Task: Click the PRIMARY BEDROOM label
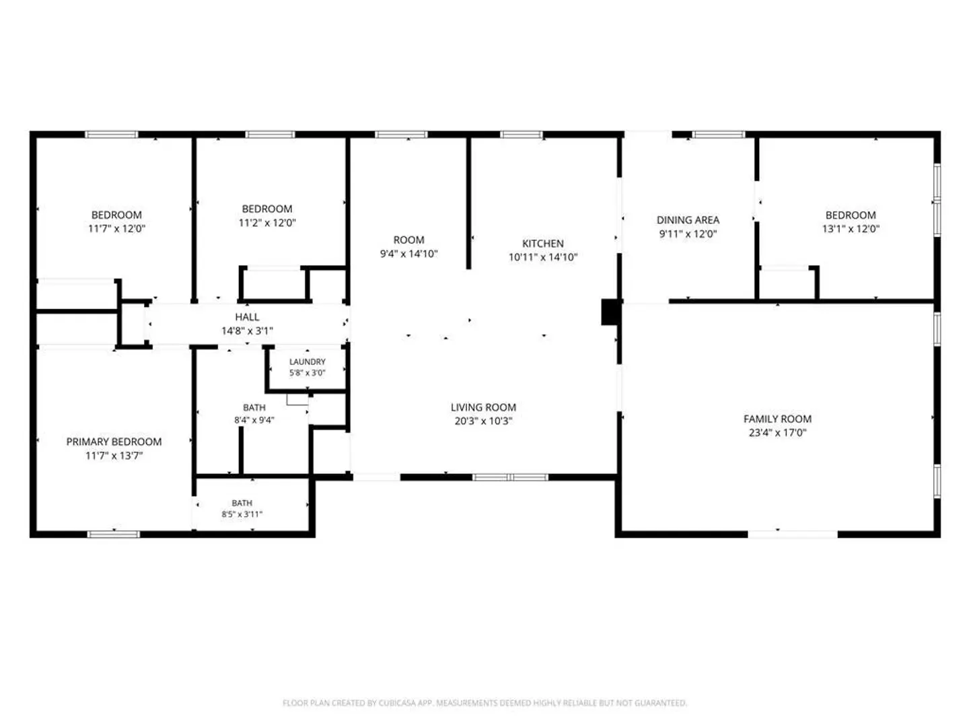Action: pyautogui.click(x=114, y=442)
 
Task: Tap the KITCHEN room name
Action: pyautogui.click(x=542, y=244)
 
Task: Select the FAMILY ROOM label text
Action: pyautogui.click(x=777, y=419)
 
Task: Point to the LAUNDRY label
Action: pyautogui.click(x=308, y=362)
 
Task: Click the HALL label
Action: pyautogui.click(x=247, y=317)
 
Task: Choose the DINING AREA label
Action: pyautogui.click(x=688, y=220)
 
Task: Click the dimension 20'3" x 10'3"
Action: pyautogui.click(x=483, y=421)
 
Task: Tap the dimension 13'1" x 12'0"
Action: pyautogui.click(x=851, y=229)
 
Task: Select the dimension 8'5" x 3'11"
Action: pyautogui.click(x=242, y=514)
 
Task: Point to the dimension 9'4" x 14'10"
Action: pyautogui.click(x=408, y=254)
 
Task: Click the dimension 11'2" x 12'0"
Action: pyautogui.click(x=267, y=222)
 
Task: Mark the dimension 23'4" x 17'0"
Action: pyautogui.click(x=777, y=433)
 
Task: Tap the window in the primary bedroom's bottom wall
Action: pyautogui.click(x=114, y=534)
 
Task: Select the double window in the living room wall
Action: pyautogui.click(x=510, y=477)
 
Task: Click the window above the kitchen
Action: pyautogui.click(x=522, y=135)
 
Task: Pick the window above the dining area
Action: pyautogui.click(x=718, y=135)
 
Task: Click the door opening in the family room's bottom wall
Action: pyautogui.click(x=793, y=534)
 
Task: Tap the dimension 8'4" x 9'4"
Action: pyautogui.click(x=254, y=420)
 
